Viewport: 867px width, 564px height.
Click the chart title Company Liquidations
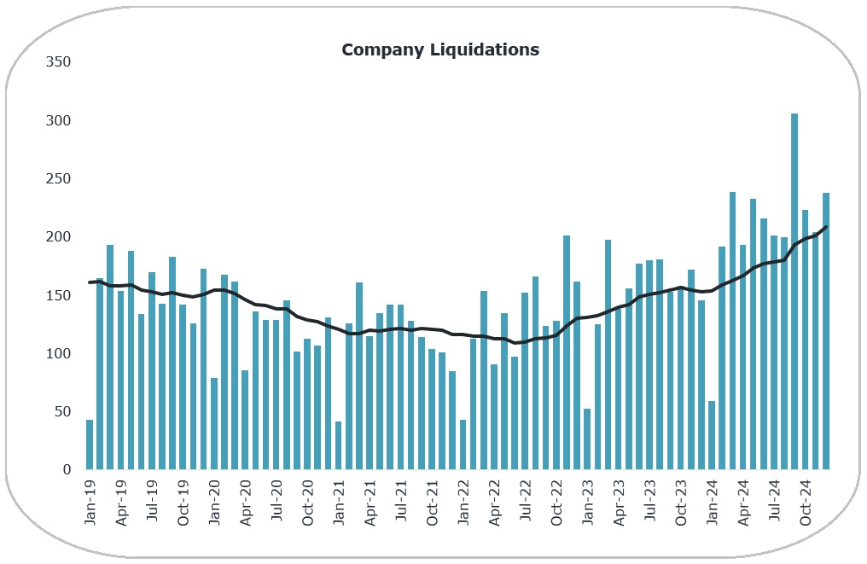[x=440, y=49]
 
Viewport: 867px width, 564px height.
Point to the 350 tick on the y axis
[x=59, y=62]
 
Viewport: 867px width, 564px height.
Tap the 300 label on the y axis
[x=59, y=120]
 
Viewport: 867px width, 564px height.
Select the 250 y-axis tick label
[x=59, y=178]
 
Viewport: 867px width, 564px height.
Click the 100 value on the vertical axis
[x=59, y=353]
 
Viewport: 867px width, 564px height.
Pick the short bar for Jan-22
[x=463, y=445]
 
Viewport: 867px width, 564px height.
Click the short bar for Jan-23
[x=587, y=439]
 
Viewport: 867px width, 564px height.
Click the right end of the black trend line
[x=826, y=227]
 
